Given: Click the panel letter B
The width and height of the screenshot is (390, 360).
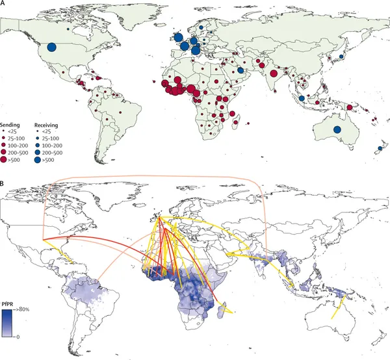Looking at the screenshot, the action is (2, 184).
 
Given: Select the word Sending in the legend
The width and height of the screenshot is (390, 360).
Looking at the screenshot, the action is (10, 125).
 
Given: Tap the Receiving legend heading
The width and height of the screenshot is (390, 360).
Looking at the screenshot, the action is (46, 125).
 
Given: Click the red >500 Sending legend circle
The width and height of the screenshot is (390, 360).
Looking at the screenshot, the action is (3, 160).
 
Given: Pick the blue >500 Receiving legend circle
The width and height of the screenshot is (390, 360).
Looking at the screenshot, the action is (38, 160).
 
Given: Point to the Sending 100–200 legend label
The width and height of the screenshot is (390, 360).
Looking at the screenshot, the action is (18, 146).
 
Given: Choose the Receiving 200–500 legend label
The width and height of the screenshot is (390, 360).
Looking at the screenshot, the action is (52, 153).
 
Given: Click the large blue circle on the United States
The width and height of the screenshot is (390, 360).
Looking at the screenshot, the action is (52, 47).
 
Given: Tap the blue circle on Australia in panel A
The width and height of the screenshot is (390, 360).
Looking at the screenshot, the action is (337, 129).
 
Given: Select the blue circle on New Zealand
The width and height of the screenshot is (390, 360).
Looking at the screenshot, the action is (380, 148).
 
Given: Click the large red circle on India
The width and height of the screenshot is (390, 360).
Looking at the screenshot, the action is (274, 73).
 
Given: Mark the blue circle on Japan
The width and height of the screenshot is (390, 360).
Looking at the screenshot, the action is (341, 57).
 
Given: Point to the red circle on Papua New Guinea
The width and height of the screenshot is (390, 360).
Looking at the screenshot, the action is (350, 108).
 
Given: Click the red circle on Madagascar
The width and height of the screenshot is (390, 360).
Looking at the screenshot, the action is (235, 122).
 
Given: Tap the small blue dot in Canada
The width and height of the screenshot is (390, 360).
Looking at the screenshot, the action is (68, 29).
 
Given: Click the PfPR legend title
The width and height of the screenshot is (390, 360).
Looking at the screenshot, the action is (8, 305).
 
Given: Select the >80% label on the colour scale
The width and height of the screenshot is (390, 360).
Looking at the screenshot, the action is (23, 309).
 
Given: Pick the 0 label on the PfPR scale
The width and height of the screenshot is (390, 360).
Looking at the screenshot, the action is (18, 337).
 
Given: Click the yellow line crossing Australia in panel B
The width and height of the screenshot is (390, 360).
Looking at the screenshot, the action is (338, 307).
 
